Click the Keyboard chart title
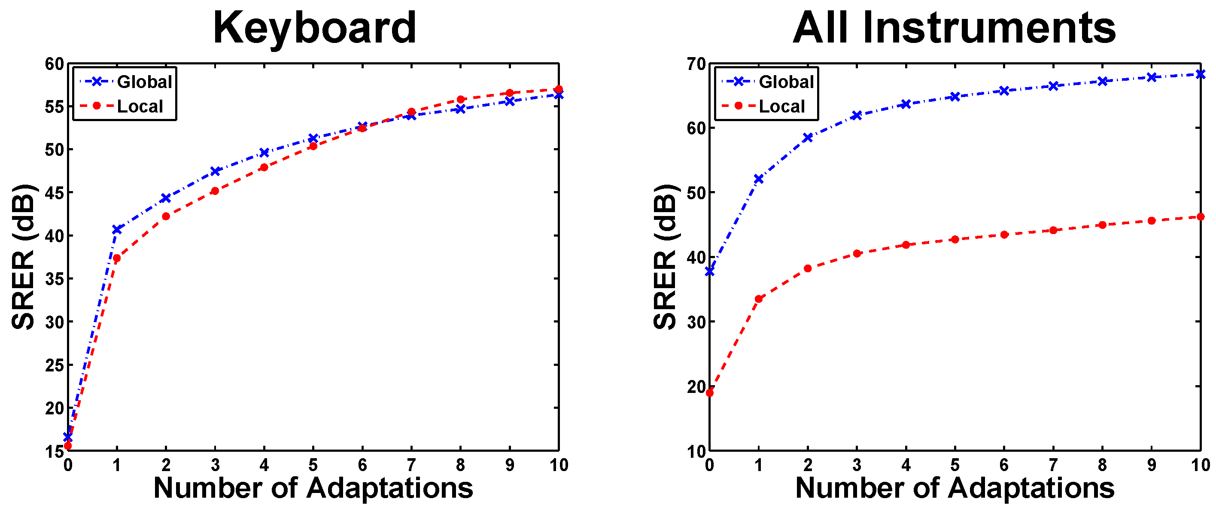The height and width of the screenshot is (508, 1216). (314, 28)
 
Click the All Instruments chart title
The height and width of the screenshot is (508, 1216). (954, 28)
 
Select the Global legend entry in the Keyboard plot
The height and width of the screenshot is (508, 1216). (144, 82)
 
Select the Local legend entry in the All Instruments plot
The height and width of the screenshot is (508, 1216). (781, 106)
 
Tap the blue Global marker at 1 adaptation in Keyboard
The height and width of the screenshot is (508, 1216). (117, 229)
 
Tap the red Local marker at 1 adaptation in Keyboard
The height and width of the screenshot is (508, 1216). (117, 258)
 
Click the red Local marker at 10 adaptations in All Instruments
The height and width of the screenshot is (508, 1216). (1200, 217)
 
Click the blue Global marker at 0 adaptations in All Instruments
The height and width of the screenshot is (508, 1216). (709, 271)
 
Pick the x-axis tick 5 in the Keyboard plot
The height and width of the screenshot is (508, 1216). (313, 465)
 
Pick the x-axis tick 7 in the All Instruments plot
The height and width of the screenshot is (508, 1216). (1053, 465)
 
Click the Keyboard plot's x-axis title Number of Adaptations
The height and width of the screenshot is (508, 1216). (313, 488)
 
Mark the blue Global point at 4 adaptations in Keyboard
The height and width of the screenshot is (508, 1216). (264, 152)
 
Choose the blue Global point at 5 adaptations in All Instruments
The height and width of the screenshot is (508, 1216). (955, 97)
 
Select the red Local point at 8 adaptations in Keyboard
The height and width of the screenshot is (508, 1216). (461, 100)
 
